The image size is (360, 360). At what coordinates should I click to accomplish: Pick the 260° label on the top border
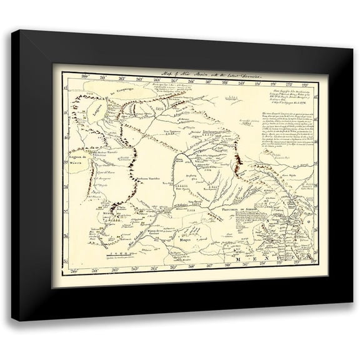coord(79,79)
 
